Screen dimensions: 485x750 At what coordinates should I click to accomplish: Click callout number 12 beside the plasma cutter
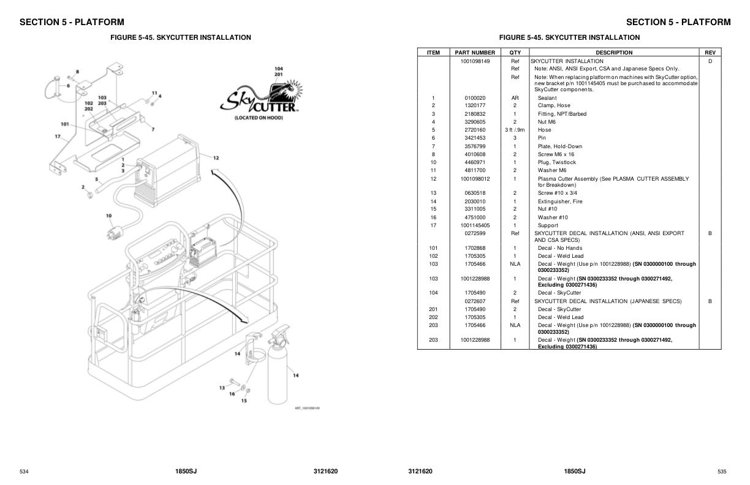[216, 158]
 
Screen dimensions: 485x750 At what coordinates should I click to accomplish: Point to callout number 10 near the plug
[108, 216]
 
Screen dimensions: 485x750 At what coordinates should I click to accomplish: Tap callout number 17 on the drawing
[57, 136]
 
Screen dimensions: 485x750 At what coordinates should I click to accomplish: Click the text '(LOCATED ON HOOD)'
[259, 118]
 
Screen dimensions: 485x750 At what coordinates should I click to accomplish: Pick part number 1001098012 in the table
[475, 179]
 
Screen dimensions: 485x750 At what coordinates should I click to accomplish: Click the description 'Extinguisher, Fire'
[560, 201]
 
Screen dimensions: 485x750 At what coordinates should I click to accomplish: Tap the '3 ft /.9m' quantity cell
[515, 130]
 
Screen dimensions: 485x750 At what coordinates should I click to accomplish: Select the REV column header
[710, 53]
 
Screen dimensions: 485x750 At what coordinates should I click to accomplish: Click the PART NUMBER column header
[475, 53]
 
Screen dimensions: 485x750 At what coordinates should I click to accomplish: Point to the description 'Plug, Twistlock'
[557, 162]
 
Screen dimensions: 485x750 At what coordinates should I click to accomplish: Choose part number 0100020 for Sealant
[475, 98]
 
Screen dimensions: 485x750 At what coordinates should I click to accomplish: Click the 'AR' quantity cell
[515, 98]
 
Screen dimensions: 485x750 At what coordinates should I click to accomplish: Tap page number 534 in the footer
[24, 472]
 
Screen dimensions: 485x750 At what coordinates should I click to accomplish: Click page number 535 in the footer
[722, 472]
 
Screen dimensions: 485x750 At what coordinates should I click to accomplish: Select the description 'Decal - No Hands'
[560, 248]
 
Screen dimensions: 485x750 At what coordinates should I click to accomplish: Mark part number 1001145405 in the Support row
[475, 225]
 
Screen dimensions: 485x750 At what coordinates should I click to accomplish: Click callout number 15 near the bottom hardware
[244, 401]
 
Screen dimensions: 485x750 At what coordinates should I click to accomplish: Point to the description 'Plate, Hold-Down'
[560, 146]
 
